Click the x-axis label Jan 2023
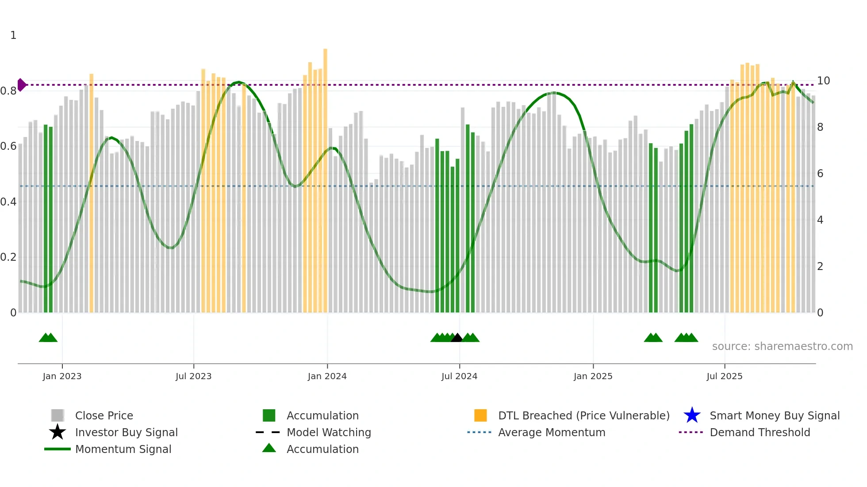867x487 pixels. [62, 376]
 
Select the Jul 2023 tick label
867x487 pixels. [193, 376]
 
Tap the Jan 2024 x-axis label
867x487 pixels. [327, 376]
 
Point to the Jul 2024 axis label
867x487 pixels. [459, 376]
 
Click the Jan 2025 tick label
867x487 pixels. [593, 376]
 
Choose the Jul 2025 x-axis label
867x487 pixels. [724, 376]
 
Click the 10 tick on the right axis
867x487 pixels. [823, 81]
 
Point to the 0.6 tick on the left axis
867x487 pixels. [8, 146]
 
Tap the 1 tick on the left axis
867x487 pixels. [13, 35]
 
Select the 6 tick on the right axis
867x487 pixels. [820, 174]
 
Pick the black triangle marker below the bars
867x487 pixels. [457, 338]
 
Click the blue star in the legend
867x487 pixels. [692, 415]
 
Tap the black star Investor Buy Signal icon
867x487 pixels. [58, 432]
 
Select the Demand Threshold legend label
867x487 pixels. [760, 432]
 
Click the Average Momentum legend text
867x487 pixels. [552, 432]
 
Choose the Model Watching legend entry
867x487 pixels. [329, 432]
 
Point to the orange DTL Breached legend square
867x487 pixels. [480, 415]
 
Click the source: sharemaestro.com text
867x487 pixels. [782, 346]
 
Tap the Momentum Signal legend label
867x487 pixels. [123, 449]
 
